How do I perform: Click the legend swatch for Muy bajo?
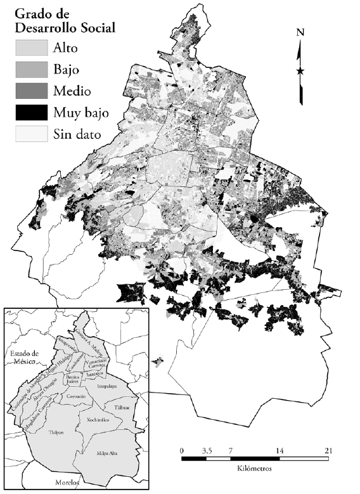[x=31, y=112]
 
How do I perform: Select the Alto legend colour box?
[x=31, y=48]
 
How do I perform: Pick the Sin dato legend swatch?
[x=31, y=133]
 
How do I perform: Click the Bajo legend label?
[x=68, y=69]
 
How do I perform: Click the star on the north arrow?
[x=300, y=71]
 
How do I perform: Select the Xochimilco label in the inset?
[x=94, y=420]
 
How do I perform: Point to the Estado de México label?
[x=23, y=357]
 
